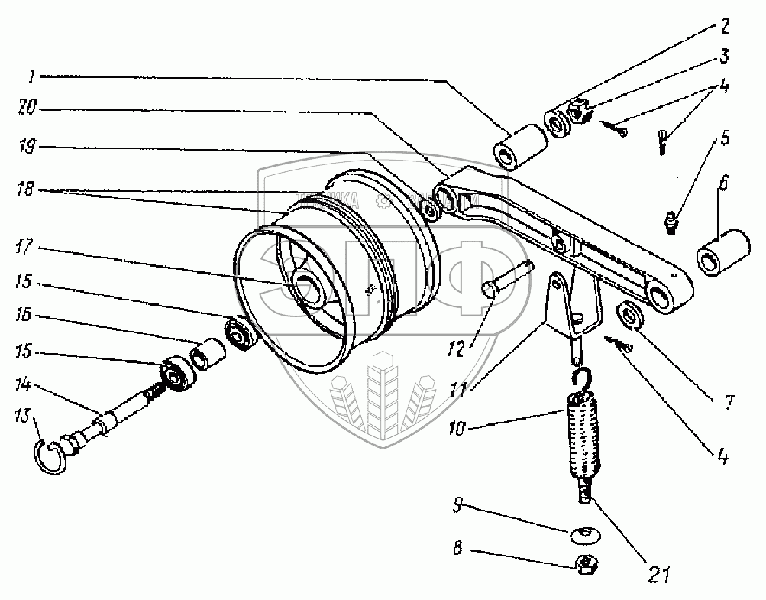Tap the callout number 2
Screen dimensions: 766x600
723,26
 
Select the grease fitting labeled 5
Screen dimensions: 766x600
670,222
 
